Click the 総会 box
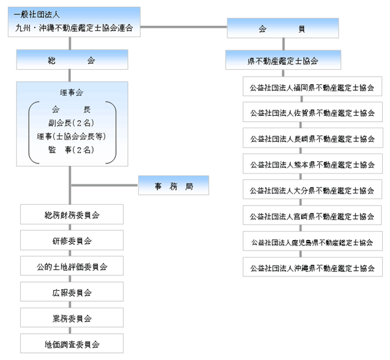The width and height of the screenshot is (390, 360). point(72,60)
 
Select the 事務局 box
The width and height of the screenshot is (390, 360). point(173,186)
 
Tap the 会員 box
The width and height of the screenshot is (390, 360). point(283,28)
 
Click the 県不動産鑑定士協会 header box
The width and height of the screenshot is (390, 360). point(283,60)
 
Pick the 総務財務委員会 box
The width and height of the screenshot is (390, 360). point(72,215)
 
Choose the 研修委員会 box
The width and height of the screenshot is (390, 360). point(72,241)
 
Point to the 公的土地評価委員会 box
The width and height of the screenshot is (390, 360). point(72,266)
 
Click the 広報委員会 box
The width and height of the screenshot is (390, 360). point(72,292)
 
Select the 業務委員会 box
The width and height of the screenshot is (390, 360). point(72,318)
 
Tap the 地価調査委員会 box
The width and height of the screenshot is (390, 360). point(72,344)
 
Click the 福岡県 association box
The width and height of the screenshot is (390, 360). point(313,87)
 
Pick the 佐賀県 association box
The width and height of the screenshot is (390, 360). point(313,113)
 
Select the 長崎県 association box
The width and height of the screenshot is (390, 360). point(313,139)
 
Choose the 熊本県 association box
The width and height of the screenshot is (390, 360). point(313,164)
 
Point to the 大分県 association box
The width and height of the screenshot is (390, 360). point(313,190)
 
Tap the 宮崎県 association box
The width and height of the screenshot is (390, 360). point(313,216)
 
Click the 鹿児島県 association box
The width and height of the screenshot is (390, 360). point(313,242)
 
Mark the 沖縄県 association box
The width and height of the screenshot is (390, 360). point(313,267)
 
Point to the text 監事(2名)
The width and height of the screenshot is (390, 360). point(71,150)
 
